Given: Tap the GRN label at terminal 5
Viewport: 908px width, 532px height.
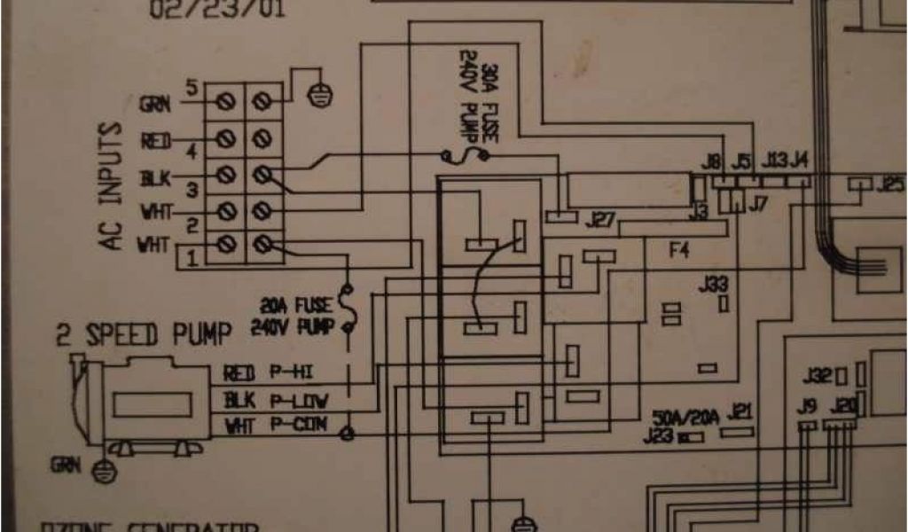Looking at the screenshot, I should tap(153, 104).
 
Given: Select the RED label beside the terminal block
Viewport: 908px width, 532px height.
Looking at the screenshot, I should tap(153, 140).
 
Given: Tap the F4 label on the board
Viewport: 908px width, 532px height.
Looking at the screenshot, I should tap(678, 251).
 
